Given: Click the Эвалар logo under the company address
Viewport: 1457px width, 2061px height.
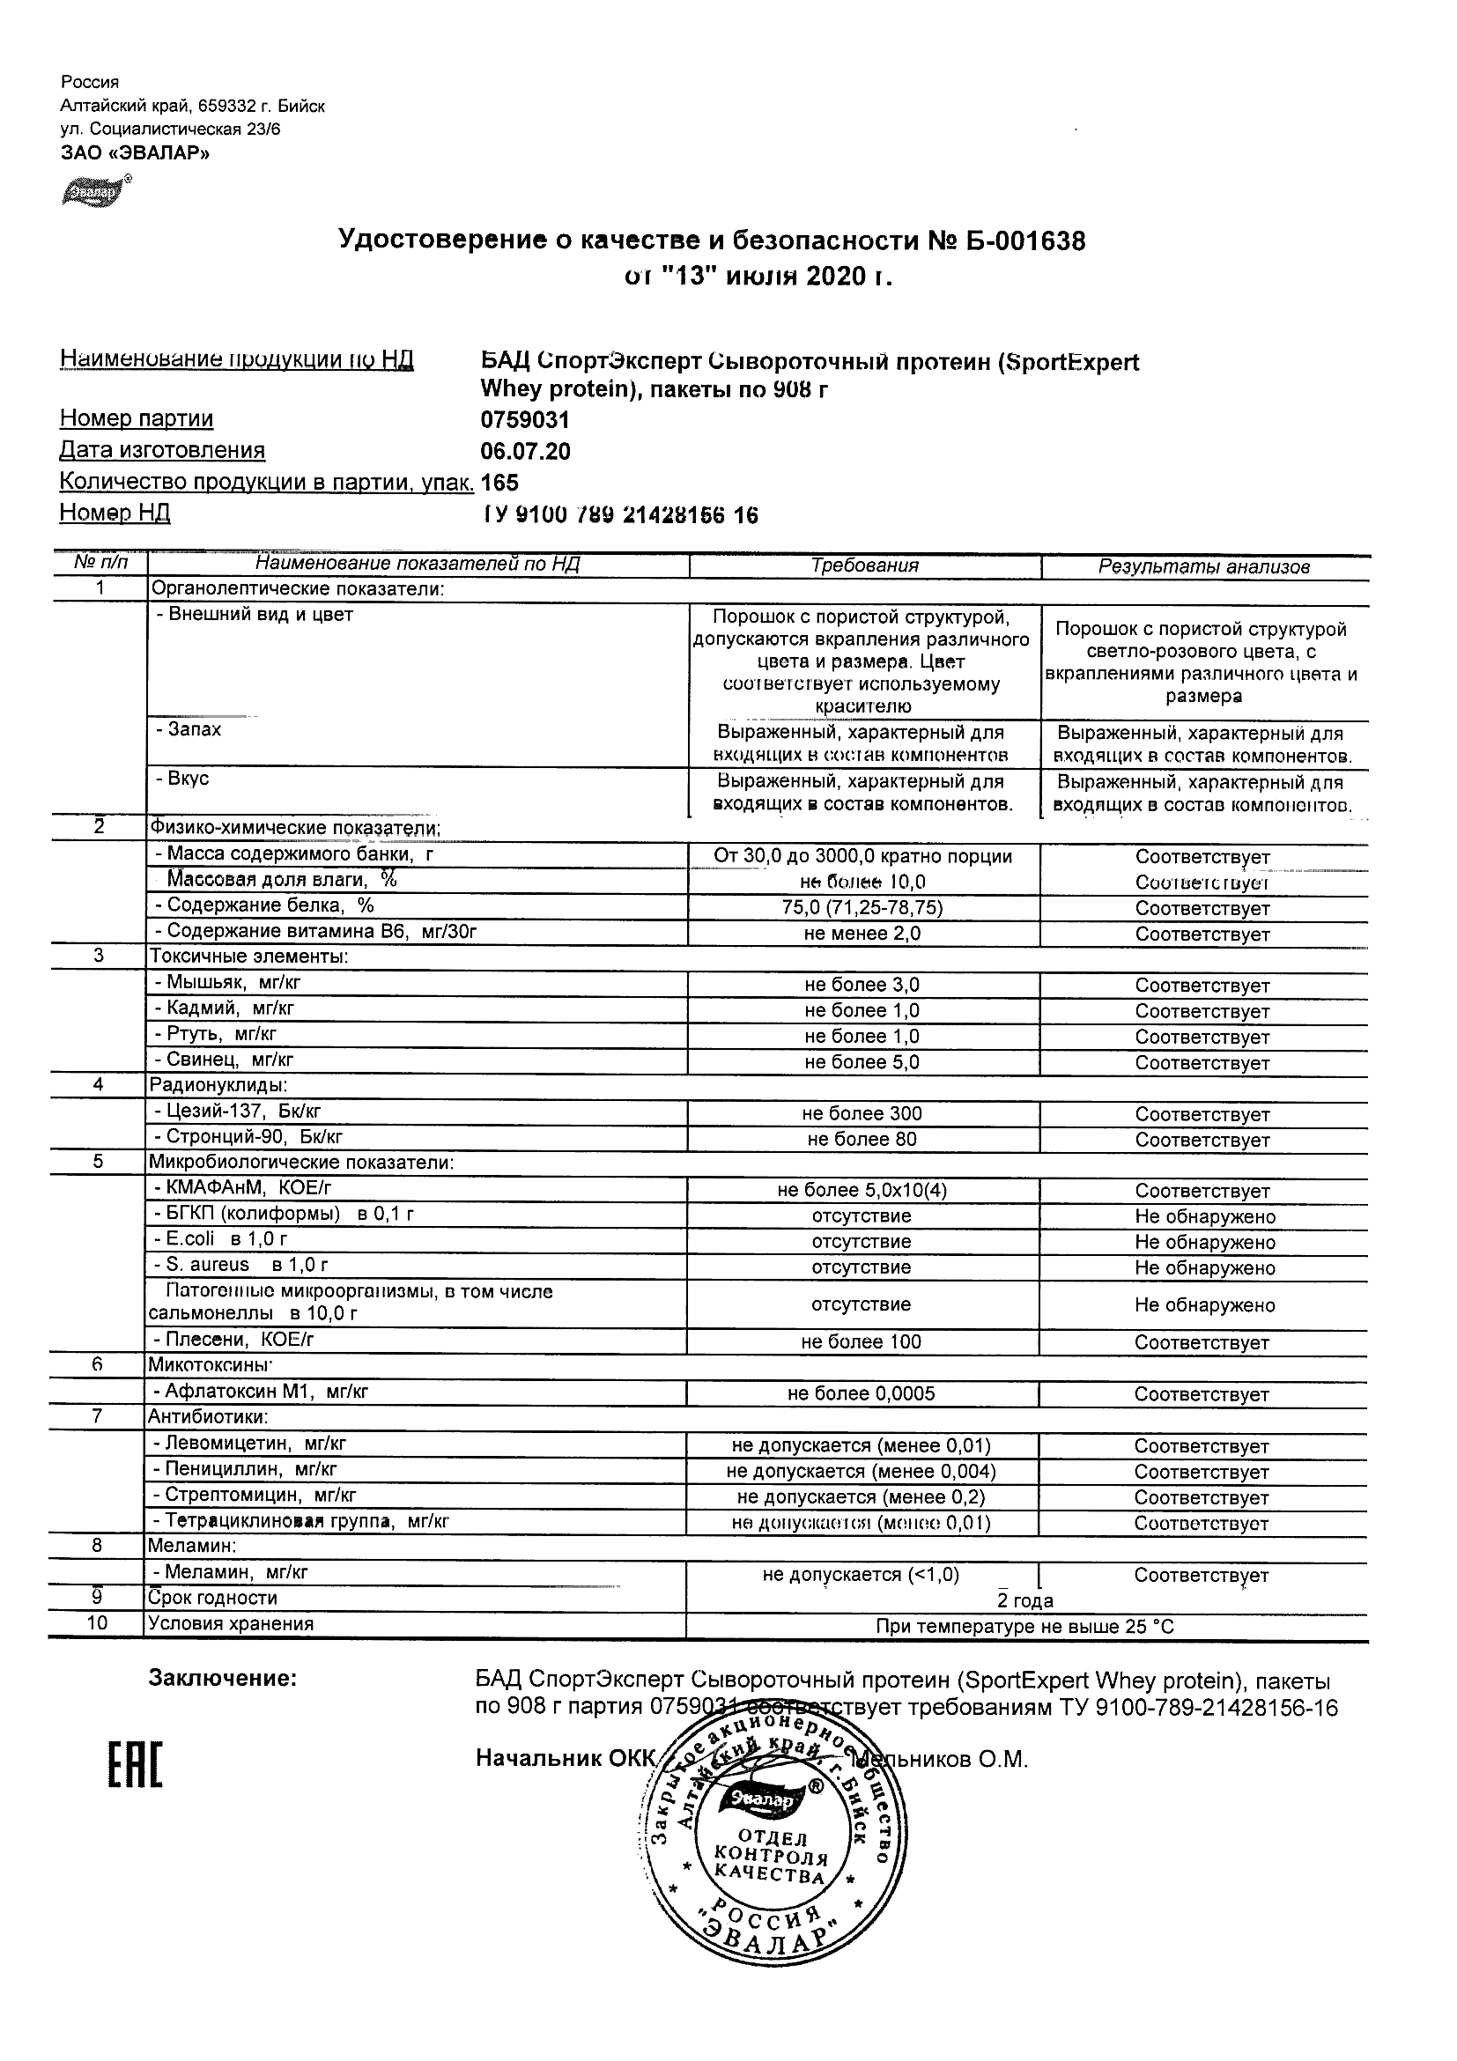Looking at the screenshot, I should pyautogui.click(x=93, y=192).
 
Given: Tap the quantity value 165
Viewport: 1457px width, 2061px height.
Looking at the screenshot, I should pyautogui.click(x=500, y=483).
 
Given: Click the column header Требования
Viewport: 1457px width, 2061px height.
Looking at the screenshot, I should pyautogui.click(x=864, y=565).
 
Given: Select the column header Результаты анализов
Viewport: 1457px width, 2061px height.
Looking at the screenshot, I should pyautogui.click(x=1204, y=567).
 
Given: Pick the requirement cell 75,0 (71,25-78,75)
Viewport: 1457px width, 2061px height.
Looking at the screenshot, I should pyautogui.click(x=862, y=907).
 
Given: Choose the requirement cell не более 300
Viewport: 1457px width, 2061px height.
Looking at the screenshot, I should pyautogui.click(x=862, y=1114).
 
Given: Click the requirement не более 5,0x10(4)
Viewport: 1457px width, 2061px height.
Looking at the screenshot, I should pyautogui.click(x=862, y=1191).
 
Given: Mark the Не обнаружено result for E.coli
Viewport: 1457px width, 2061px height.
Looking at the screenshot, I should pyautogui.click(x=1204, y=1244).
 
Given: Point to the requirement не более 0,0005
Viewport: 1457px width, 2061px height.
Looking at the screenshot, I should pyautogui.click(x=861, y=1394).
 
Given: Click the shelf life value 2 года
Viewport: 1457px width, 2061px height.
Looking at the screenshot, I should pyautogui.click(x=1025, y=1601).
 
